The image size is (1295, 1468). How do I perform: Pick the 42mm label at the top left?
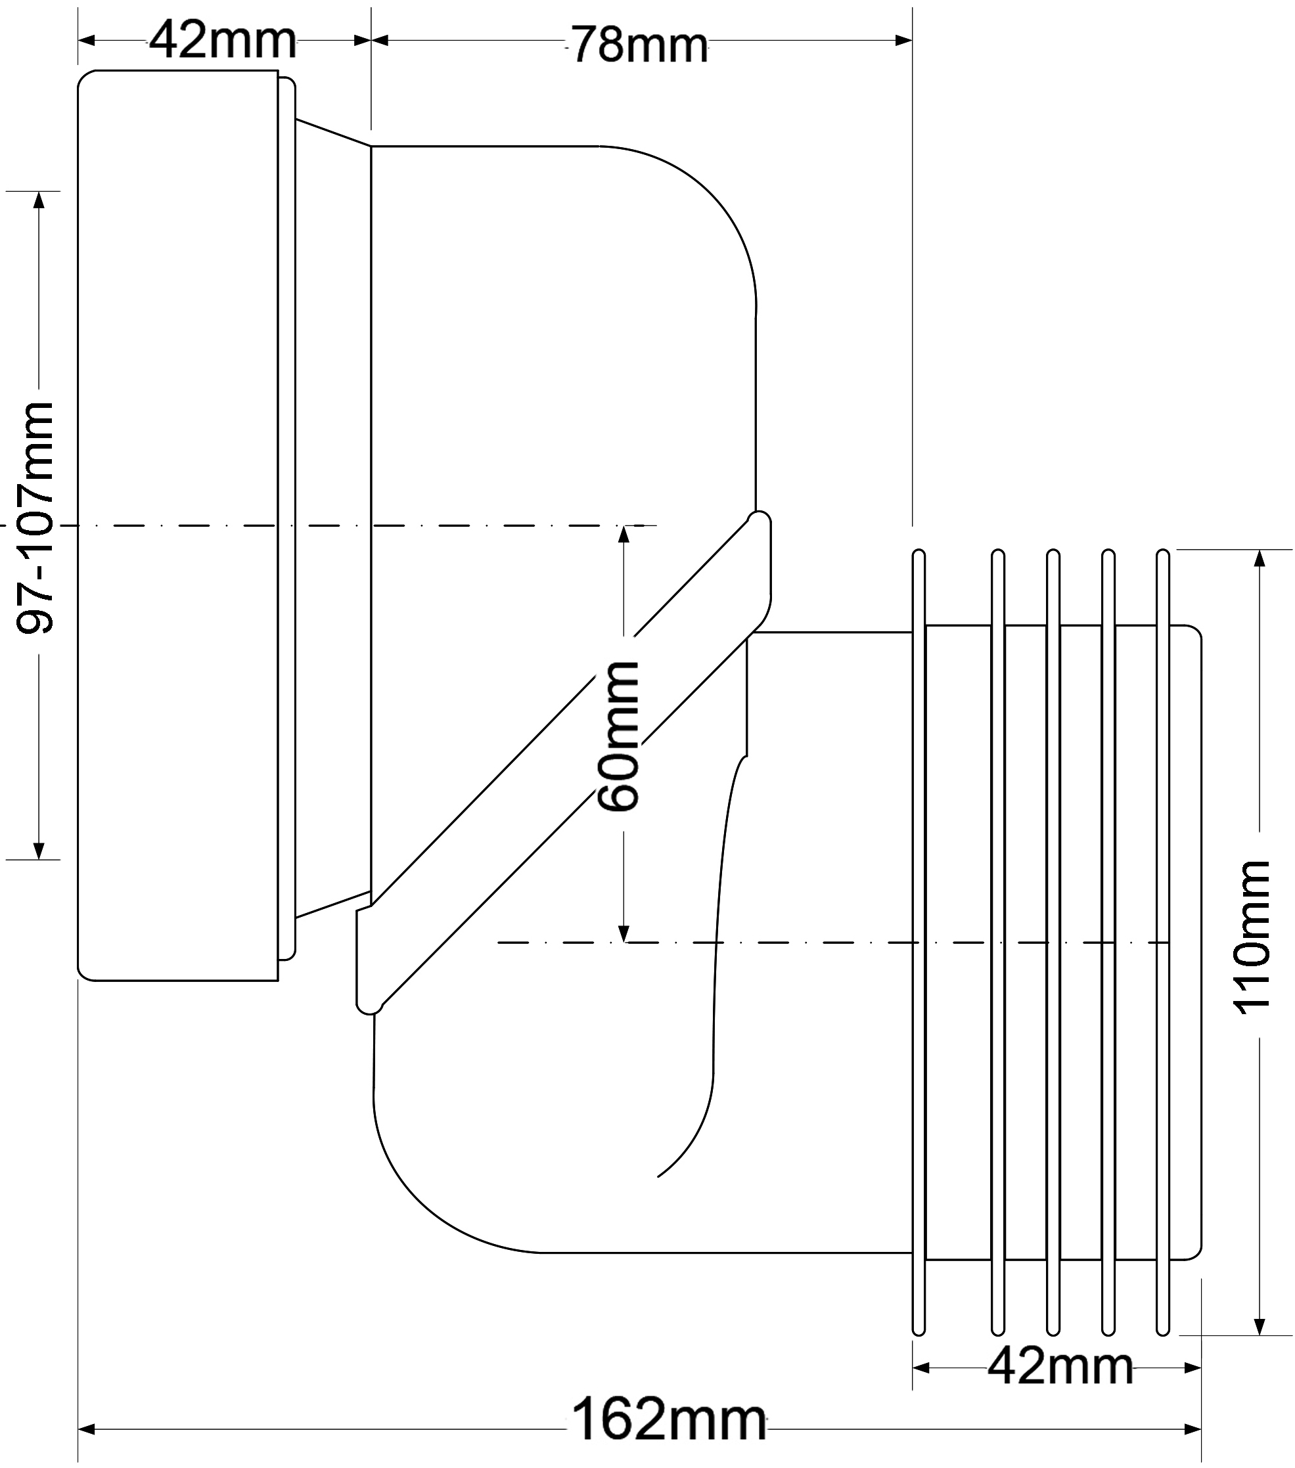[x=223, y=41]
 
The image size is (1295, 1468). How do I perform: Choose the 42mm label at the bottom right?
[x=1059, y=1366]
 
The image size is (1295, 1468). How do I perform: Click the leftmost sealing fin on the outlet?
[x=918, y=941]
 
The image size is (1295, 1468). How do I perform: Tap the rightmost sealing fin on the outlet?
[x=1163, y=941]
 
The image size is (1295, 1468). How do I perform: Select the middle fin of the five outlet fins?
[x=1053, y=941]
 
